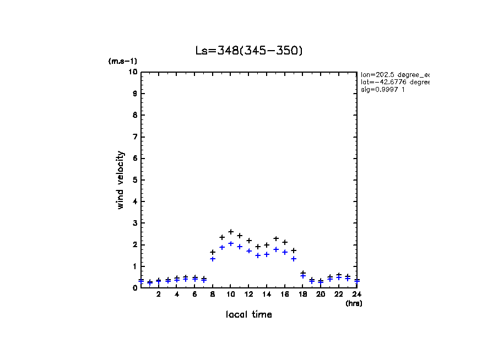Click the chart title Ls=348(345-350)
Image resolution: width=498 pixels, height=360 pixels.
[249, 51]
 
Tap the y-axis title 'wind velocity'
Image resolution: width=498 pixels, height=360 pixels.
[120, 180]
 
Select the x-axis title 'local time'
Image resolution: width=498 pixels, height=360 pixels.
[249, 314]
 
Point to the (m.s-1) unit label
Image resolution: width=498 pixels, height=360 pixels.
[123, 61]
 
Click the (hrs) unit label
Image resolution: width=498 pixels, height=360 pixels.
[354, 303]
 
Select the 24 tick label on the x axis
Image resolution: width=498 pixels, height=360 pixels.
[356, 294]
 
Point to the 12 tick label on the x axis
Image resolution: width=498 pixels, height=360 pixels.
[249, 294]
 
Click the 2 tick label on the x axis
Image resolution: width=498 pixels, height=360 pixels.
[159, 294]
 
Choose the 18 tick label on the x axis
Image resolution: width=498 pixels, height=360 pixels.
[303, 294]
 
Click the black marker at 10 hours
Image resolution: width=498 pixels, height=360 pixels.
[231, 232]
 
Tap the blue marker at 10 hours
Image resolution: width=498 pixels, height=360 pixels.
[231, 243]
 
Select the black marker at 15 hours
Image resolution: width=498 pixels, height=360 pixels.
[276, 239]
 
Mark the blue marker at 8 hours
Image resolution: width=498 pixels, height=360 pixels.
[213, 259]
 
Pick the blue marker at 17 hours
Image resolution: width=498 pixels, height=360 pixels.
[294, 259]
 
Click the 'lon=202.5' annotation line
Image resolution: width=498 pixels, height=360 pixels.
[394, 74]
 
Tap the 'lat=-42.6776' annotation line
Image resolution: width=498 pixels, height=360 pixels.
[394, 82]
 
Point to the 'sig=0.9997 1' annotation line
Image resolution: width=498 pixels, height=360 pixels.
[383, 90]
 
